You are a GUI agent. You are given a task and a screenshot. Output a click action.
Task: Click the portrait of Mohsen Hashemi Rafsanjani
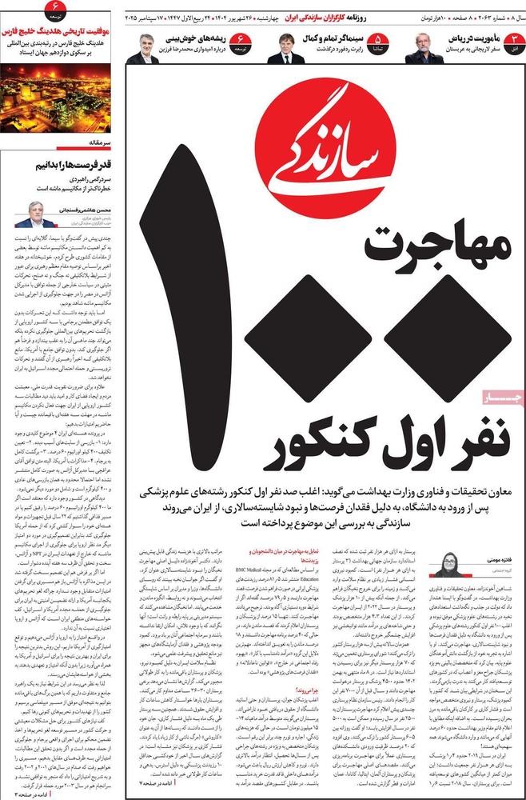34,214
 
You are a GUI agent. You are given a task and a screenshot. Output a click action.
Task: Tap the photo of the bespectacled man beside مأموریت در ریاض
423,49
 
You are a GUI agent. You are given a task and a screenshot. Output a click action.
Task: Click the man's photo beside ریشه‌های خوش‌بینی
145,50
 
